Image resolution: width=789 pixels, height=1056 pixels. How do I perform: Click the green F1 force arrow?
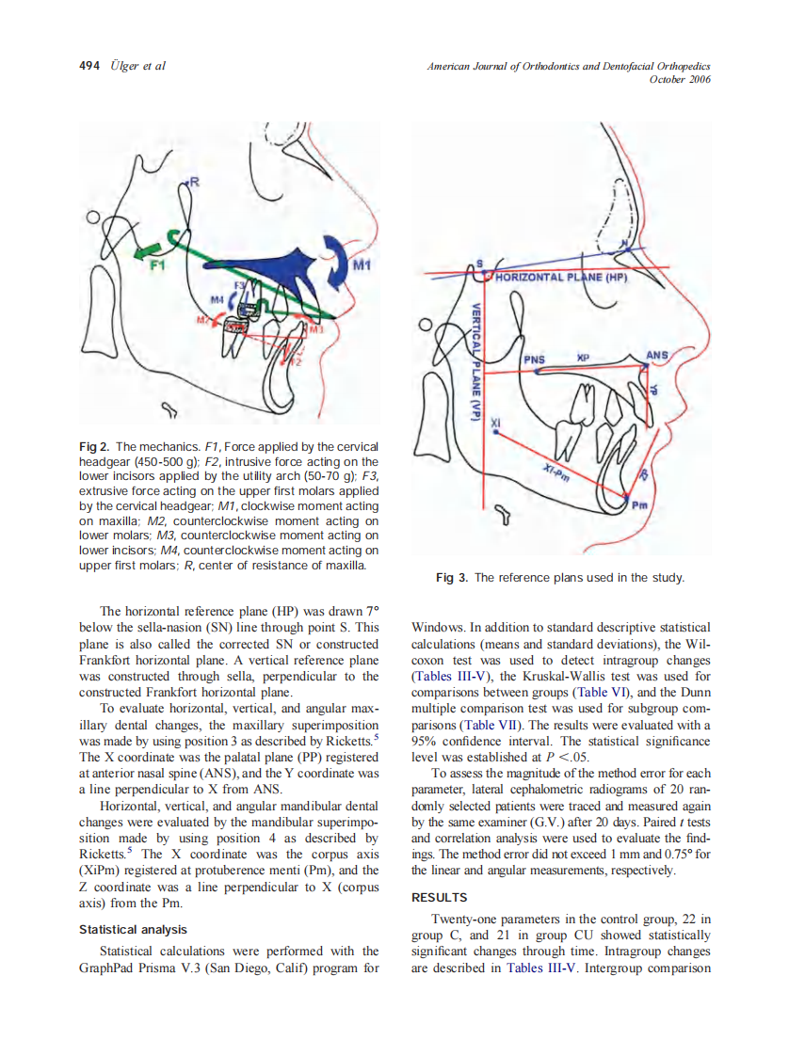147,248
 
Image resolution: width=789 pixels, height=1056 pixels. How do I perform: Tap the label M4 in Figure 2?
217,299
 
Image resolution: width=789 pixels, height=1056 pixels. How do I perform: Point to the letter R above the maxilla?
194,181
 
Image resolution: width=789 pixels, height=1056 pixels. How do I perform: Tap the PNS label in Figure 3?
535,359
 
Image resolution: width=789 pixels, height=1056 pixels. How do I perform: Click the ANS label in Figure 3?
655,356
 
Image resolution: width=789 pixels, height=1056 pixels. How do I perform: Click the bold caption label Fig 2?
94,446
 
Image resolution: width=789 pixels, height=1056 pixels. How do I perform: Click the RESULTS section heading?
440,898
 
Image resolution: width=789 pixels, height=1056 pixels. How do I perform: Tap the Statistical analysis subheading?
133,930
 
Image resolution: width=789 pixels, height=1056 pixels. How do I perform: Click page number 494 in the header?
89,66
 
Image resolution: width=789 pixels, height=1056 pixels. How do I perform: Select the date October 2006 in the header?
680,79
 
